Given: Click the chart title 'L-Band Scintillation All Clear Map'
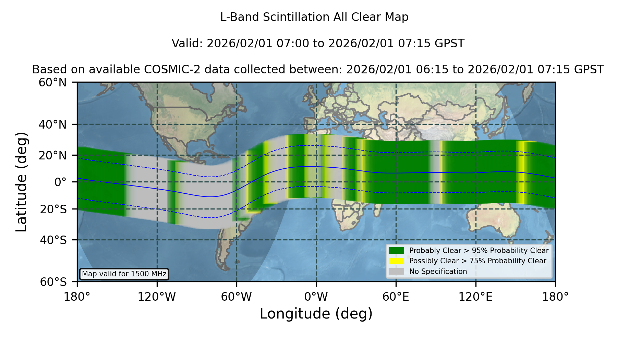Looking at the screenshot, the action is [x=314, y=17].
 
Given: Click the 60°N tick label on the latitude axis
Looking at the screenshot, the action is [x=52, y=83].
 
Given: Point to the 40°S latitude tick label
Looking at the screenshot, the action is [x=53, y=240].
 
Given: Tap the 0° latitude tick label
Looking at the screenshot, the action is [x=60, y=182].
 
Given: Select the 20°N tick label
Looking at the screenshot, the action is [x=52, y=155].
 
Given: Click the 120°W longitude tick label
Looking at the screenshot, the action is [x=157, y=297].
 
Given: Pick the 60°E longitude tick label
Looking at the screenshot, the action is [x=396, y=297].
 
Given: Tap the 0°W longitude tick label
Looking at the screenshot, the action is [x=316, y=297].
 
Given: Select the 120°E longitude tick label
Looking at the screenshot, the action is [x=475, y=297].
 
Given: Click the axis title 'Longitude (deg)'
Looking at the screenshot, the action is [x=316, y=314].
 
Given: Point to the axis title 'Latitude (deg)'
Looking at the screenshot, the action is [x=21, y=182].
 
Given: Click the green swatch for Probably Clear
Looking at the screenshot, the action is [x=396, y=251].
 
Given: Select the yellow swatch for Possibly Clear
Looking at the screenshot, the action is [x=396, y=261].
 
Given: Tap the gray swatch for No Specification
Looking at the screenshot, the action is [x=396, y=272].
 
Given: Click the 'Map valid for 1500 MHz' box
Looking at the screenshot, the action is [x=124, y=274].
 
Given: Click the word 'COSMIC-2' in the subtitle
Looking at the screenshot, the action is [x=166, y=70].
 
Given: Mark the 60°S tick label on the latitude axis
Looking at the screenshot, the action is [x=53, y=282].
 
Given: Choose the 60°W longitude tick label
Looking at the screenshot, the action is [x=237, y=297].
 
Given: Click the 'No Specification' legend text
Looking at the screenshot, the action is [x=438, y=272].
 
